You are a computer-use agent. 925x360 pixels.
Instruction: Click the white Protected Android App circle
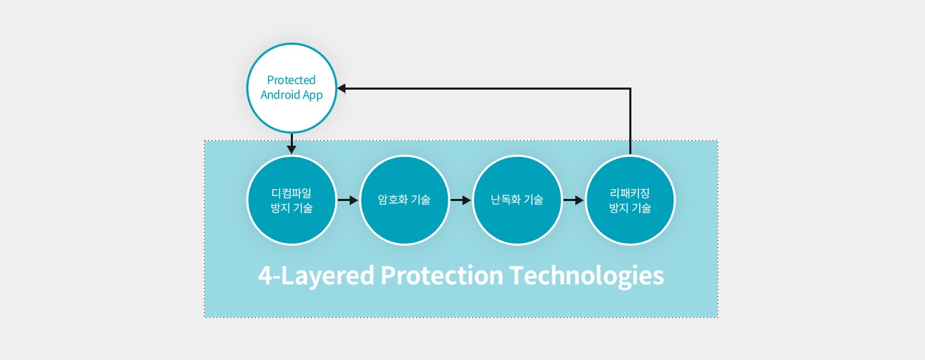tap(292, 88)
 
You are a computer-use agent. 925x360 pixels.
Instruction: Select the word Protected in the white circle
tap(291, 80)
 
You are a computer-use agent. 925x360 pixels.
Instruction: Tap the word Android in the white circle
tap(280, 95)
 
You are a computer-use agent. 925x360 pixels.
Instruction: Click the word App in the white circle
tap(313, 95)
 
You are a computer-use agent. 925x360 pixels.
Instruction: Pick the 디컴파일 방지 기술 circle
tap(292, 200)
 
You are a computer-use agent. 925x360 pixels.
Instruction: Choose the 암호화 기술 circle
tap(404, 200)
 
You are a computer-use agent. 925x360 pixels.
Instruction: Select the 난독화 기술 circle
tap(517, 200)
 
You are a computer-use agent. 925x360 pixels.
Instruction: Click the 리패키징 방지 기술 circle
tap(630, 200)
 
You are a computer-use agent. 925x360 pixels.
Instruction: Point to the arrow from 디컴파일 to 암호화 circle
tap(348, 200)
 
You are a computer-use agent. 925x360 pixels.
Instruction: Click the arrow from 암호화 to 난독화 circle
tap(460, 200)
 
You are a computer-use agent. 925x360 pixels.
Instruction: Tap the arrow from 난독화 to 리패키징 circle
tap(574, 200)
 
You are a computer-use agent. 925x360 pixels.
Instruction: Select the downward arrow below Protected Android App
tap(292, 144)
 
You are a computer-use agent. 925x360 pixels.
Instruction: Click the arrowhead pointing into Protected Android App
tap(341, 88)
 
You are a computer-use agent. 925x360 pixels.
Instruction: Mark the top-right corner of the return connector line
tap(630, 88)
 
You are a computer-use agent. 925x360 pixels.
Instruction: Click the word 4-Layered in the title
tap(316, 275)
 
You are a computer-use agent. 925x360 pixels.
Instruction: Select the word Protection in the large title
tap(441, 275)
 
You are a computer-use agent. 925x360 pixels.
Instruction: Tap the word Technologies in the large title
tap(587, 276)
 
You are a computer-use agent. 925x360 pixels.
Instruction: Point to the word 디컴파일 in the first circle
tap(291, 193)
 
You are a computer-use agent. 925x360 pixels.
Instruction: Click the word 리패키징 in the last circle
tap(630, 193)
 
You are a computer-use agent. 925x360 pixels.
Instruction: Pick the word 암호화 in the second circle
tap(392, 200)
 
